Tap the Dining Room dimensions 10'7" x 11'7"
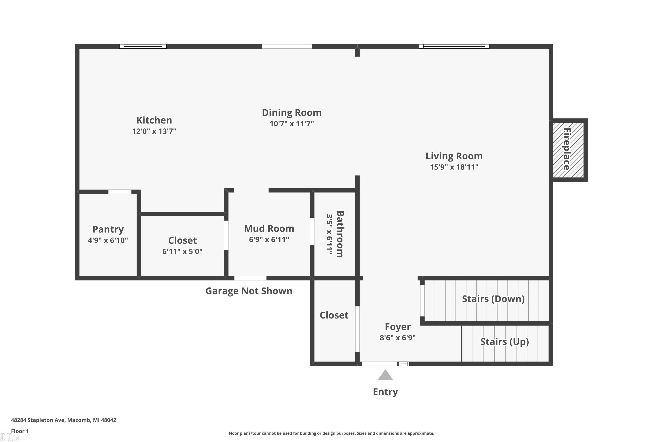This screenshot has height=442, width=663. [291, 124]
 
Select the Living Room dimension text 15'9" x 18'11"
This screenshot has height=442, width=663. [454, 167]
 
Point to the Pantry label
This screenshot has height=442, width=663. [108, 229]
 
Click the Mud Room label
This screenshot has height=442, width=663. [269, 228]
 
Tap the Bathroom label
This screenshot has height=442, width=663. [340, 234]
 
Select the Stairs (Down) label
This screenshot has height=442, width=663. [493, 299]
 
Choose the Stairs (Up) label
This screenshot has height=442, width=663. [504, 342]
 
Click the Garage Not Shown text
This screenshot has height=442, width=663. [249, 291]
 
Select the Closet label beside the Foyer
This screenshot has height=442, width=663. [334, 315]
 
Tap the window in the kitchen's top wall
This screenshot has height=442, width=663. [143, 46]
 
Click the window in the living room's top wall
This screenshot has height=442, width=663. [454, 46]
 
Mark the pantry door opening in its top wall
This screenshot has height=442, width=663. [120, 192]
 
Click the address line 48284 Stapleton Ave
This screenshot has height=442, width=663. [63, 420]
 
